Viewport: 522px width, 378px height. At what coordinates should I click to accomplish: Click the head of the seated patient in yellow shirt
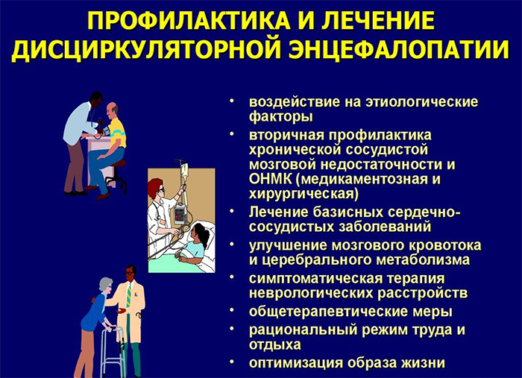click(112, 111)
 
